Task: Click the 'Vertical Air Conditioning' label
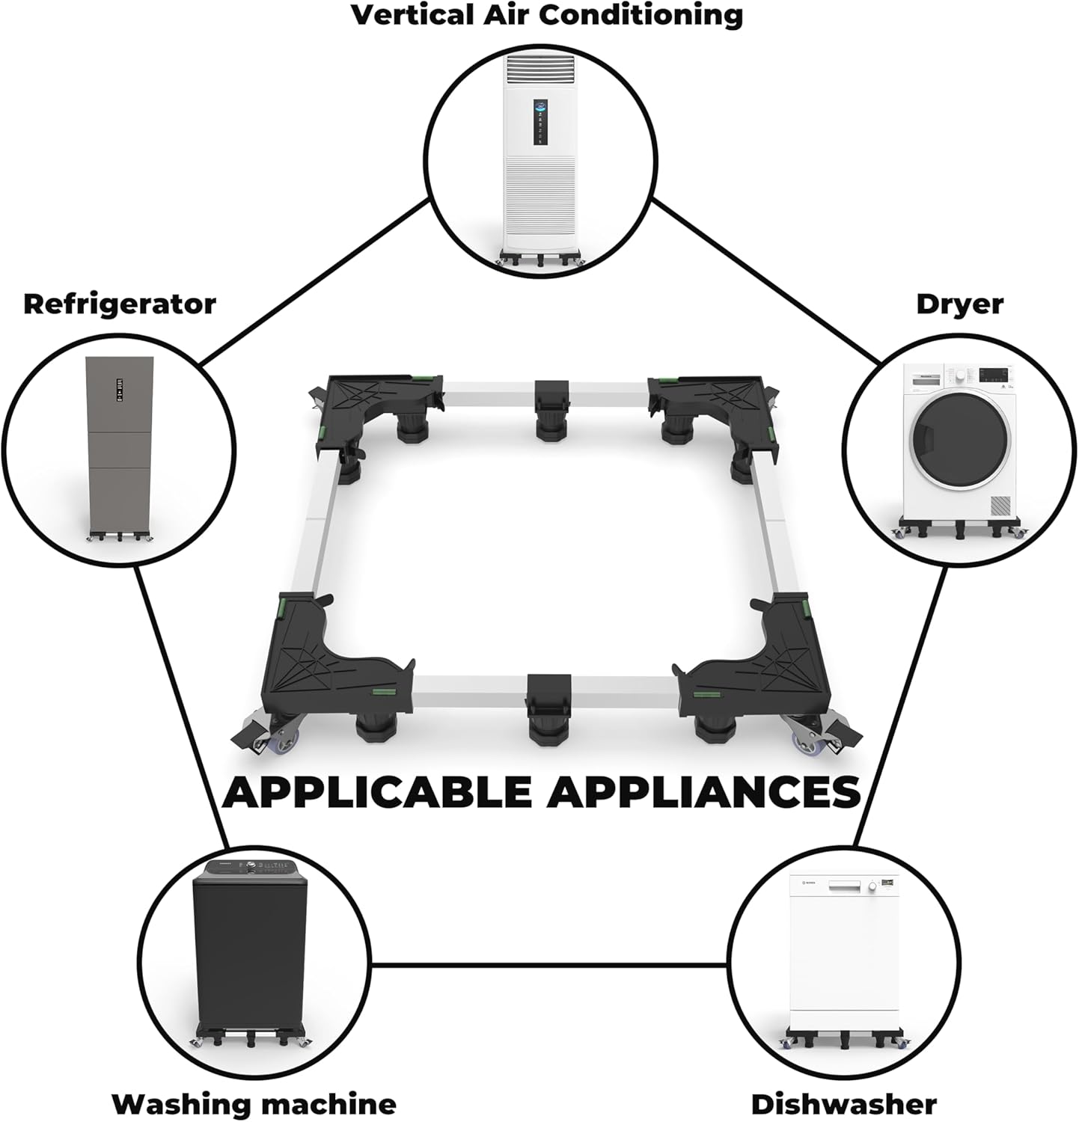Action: [x=547, y=16]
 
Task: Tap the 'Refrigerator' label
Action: [x=120, y=304]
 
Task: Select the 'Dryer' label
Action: [x=959, y=304]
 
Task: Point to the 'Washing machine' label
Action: [x=254, y=1103]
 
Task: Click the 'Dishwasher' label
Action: [x=843, y=1103]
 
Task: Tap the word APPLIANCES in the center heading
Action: [x=704, y=792]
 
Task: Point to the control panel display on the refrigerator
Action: [x=118, y=388]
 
